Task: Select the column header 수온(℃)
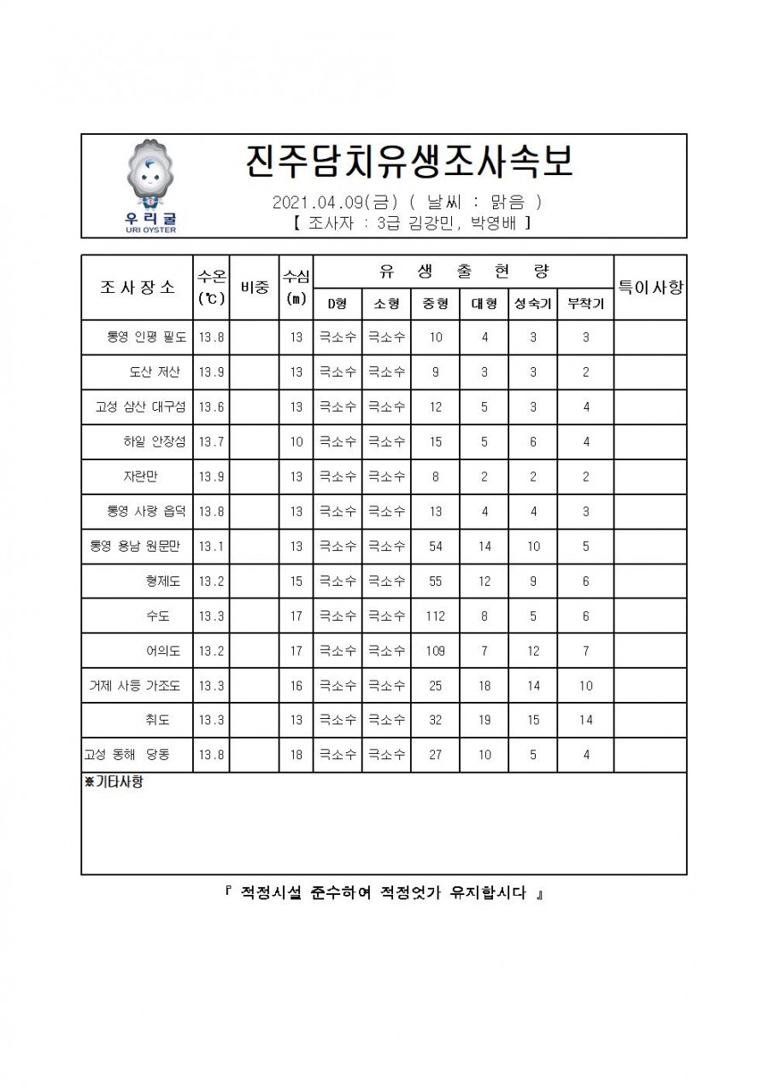[x=211, y=287]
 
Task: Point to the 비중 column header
[x=255, y=288]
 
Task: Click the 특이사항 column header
[x=650, y=288]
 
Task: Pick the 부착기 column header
[x=585, y=304]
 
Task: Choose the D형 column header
[x=338, y=304]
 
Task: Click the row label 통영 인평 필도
[x=146, y=337]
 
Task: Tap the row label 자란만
[x=140, y=476]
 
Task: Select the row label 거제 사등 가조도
[x=135, y=686]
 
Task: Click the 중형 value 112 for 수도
[x=436, y=616]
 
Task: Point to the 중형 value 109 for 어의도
[x=436, y=651]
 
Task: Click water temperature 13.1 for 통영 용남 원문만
[x=211, y=546]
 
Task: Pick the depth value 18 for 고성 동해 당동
[x=296, y=755]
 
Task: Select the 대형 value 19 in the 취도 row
[x=484, y=720]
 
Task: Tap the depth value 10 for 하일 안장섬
[x=296, y=441]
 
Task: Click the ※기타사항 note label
[x=114, y=782]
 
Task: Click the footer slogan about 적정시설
[x=384, y=894]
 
